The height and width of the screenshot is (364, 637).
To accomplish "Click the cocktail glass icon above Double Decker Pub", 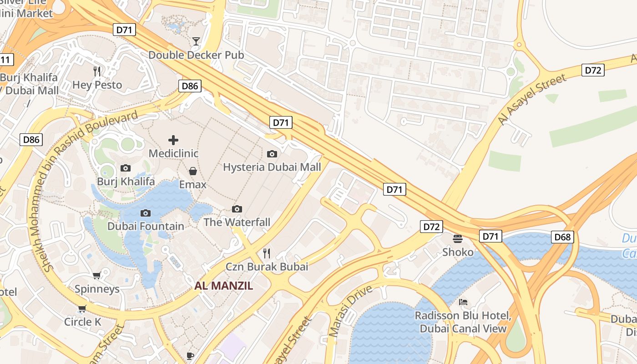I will click(x=196, y=41).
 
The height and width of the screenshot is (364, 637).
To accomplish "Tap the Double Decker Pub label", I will click(x=196, y=55).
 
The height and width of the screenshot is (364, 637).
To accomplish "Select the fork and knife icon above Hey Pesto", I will click(x=97, y=71).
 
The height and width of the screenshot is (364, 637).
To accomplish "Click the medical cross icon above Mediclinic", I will click(x=173, y=140).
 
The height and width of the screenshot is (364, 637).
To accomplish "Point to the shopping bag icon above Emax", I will click(x=193, y=171).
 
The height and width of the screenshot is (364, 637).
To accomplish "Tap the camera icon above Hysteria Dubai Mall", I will click(x=272, y=154).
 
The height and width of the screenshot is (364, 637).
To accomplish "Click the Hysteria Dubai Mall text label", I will click(x=272, y=167).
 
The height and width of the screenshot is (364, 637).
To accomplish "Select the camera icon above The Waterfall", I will click(x=237, y=209).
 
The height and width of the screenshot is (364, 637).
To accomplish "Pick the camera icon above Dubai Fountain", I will click(x=146, y=213).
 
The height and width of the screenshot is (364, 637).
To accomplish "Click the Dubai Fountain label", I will click(x=146, y=226).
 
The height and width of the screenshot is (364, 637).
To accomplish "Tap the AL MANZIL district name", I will click(x=223, y=286).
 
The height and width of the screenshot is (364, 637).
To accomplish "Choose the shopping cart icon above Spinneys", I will click(x=96, y=275).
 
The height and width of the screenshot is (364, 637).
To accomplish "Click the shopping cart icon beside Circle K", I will click(x=82, y=309).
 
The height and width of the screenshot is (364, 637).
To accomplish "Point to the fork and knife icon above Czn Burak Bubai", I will click(x=267, y=253).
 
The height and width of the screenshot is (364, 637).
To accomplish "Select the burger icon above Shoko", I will click(x=458, y=238).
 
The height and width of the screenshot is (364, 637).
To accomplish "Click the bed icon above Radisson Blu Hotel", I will click(x=463, y=302).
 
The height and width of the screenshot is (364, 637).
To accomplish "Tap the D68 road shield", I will click(x=562, y=237).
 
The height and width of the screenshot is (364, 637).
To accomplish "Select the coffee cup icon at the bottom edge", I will click(x=190, y=356).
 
